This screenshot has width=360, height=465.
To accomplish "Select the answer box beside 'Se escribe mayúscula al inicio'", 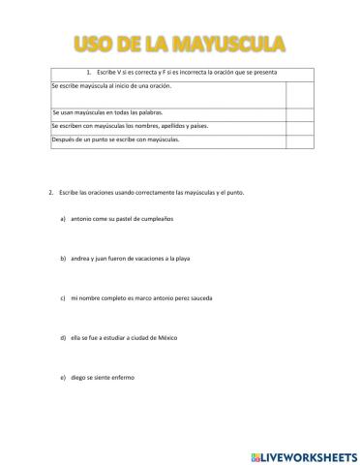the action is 300,94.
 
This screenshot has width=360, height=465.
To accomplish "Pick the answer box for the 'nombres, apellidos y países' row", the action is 300,127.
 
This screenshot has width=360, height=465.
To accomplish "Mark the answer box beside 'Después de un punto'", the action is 300,140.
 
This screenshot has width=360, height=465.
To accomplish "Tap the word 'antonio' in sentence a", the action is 83,220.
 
